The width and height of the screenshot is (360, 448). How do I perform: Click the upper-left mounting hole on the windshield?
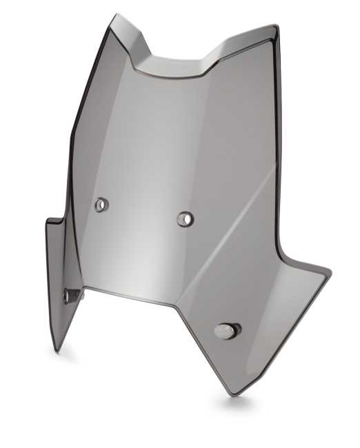(x=101, y=204)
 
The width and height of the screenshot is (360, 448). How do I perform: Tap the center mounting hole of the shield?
(x=185, y=219)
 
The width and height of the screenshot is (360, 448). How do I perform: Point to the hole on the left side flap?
(x=68, y=296)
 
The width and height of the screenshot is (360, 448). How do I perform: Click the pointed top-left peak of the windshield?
(x=115, y=16)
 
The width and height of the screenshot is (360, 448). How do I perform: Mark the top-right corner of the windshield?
(x=275, y=28)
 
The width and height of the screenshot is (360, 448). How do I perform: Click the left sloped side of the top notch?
(x=141, y=52)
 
